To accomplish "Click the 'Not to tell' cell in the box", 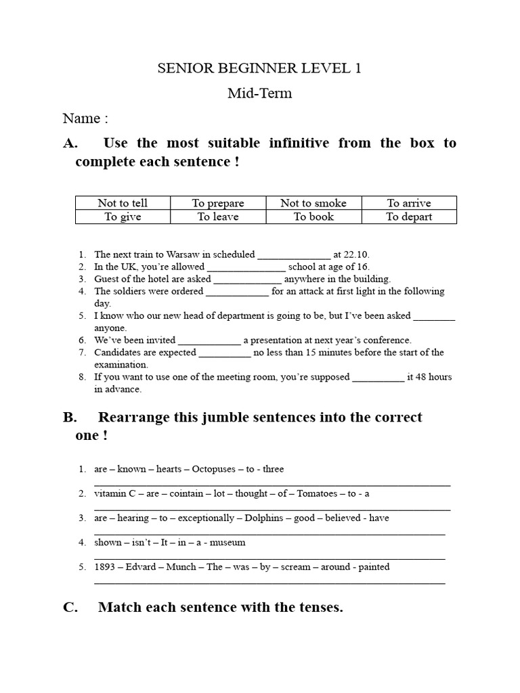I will (x=123, y=203).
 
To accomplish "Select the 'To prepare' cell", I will (x=218, y=203).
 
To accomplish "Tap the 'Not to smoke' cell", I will (x=313, y=203).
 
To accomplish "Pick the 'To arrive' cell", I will (x=409, y=203).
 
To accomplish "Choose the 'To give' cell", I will (x=123, y=217).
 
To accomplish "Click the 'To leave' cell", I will (x=218, y=217).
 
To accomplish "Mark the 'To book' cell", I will (x=313, y=217).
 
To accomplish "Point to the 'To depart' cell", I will (x=409, y=217).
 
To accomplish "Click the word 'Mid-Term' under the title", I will (x=260, y=93).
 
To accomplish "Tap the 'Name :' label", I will (x=85, y=118).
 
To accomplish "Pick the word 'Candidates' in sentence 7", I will (x=118, y=353).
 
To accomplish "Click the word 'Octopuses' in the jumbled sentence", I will (x=213, y=469).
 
